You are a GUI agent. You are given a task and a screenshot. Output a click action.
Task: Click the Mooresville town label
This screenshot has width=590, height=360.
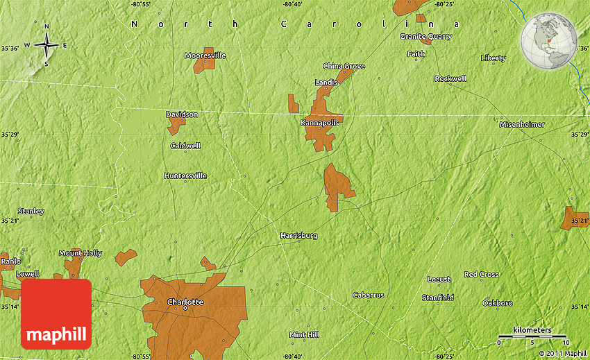click(205, 55)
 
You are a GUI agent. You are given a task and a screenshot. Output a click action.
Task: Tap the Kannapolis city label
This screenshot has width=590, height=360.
click(320, 123)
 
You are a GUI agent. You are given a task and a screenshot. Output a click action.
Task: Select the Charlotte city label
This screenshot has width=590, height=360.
click(185, 302)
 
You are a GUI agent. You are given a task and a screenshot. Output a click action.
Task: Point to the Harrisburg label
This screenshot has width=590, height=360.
click(298, 236)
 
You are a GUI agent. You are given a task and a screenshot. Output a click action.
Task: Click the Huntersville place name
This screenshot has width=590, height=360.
click(185, 175)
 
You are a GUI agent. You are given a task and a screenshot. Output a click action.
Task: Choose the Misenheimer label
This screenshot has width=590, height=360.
click(522, 124)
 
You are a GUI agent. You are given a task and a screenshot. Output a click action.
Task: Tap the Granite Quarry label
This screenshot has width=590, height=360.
click(425, 36)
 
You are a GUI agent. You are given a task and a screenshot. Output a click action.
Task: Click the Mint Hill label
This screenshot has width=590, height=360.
click(303, 334)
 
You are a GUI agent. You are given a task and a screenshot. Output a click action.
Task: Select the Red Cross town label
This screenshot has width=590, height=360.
click(481, 275)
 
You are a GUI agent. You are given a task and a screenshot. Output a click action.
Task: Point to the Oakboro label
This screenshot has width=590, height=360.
click(497, 303)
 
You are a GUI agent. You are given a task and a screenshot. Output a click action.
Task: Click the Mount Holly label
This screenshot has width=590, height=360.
click(80, 253)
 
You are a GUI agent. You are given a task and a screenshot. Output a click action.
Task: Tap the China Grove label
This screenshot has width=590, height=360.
click(344, 67)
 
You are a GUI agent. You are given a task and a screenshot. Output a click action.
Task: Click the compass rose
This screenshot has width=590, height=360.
click(47, 46)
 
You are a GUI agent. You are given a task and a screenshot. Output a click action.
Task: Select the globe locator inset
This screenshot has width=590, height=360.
click(548, 42)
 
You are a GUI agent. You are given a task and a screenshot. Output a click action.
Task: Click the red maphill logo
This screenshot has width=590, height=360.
click(56, 314)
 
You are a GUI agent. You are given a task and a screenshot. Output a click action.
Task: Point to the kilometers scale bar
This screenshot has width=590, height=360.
click(532, 336)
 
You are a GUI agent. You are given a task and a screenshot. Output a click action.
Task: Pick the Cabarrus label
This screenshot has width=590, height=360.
click(368, 295)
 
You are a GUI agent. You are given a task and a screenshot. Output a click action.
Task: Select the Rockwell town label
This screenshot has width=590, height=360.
click(450, 78)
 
